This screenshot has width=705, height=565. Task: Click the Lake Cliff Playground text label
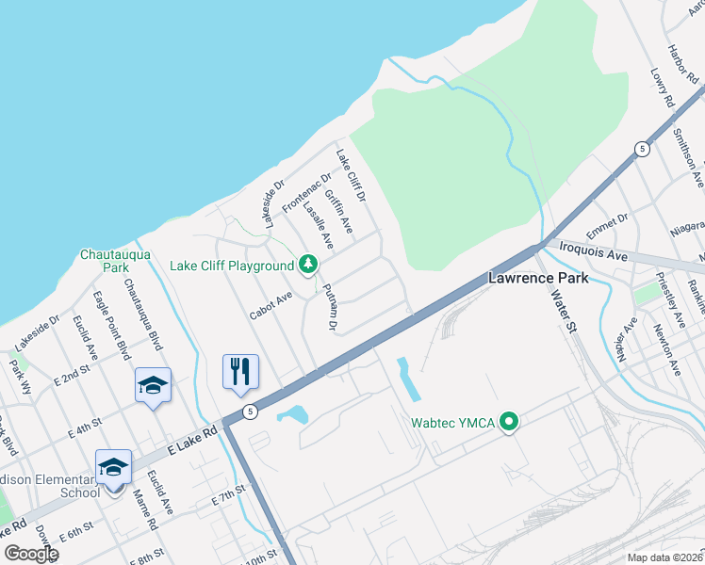[x=232, y=266]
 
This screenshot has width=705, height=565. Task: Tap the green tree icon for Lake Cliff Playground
[x=307, y=266]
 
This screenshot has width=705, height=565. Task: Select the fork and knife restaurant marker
[x=240, y=371]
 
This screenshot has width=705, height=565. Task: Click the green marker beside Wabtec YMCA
[x=510, y=423]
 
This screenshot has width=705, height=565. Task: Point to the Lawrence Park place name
[x=538, y=278]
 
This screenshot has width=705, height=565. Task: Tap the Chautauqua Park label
[x=104, y=261]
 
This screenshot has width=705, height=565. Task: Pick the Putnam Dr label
[x=329, y=307]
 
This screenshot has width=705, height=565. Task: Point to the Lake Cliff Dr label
[x=351, y=175]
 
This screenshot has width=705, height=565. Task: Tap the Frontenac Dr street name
[x=307, y=192]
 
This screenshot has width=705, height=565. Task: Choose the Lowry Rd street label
[x=664, y=87]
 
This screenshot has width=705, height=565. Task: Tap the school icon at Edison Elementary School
[x=113, y=467]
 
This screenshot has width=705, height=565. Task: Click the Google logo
[x=30, y=554]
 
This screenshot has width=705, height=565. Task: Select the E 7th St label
[x=229, y=494]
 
